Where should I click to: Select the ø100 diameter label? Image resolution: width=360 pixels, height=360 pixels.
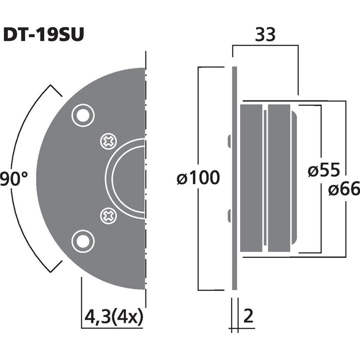pos(198,177)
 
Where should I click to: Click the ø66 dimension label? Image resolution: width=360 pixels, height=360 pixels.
pos(344,189)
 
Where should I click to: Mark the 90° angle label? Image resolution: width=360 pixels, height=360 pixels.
pos(13,178)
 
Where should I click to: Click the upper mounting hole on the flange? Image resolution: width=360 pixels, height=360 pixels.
pos(82,116)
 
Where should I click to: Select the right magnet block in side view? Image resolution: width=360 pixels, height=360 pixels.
pos(280,178)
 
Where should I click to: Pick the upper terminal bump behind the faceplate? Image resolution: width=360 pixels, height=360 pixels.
pos(228,141)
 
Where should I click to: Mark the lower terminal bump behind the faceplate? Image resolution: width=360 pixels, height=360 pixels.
pos(228,216)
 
